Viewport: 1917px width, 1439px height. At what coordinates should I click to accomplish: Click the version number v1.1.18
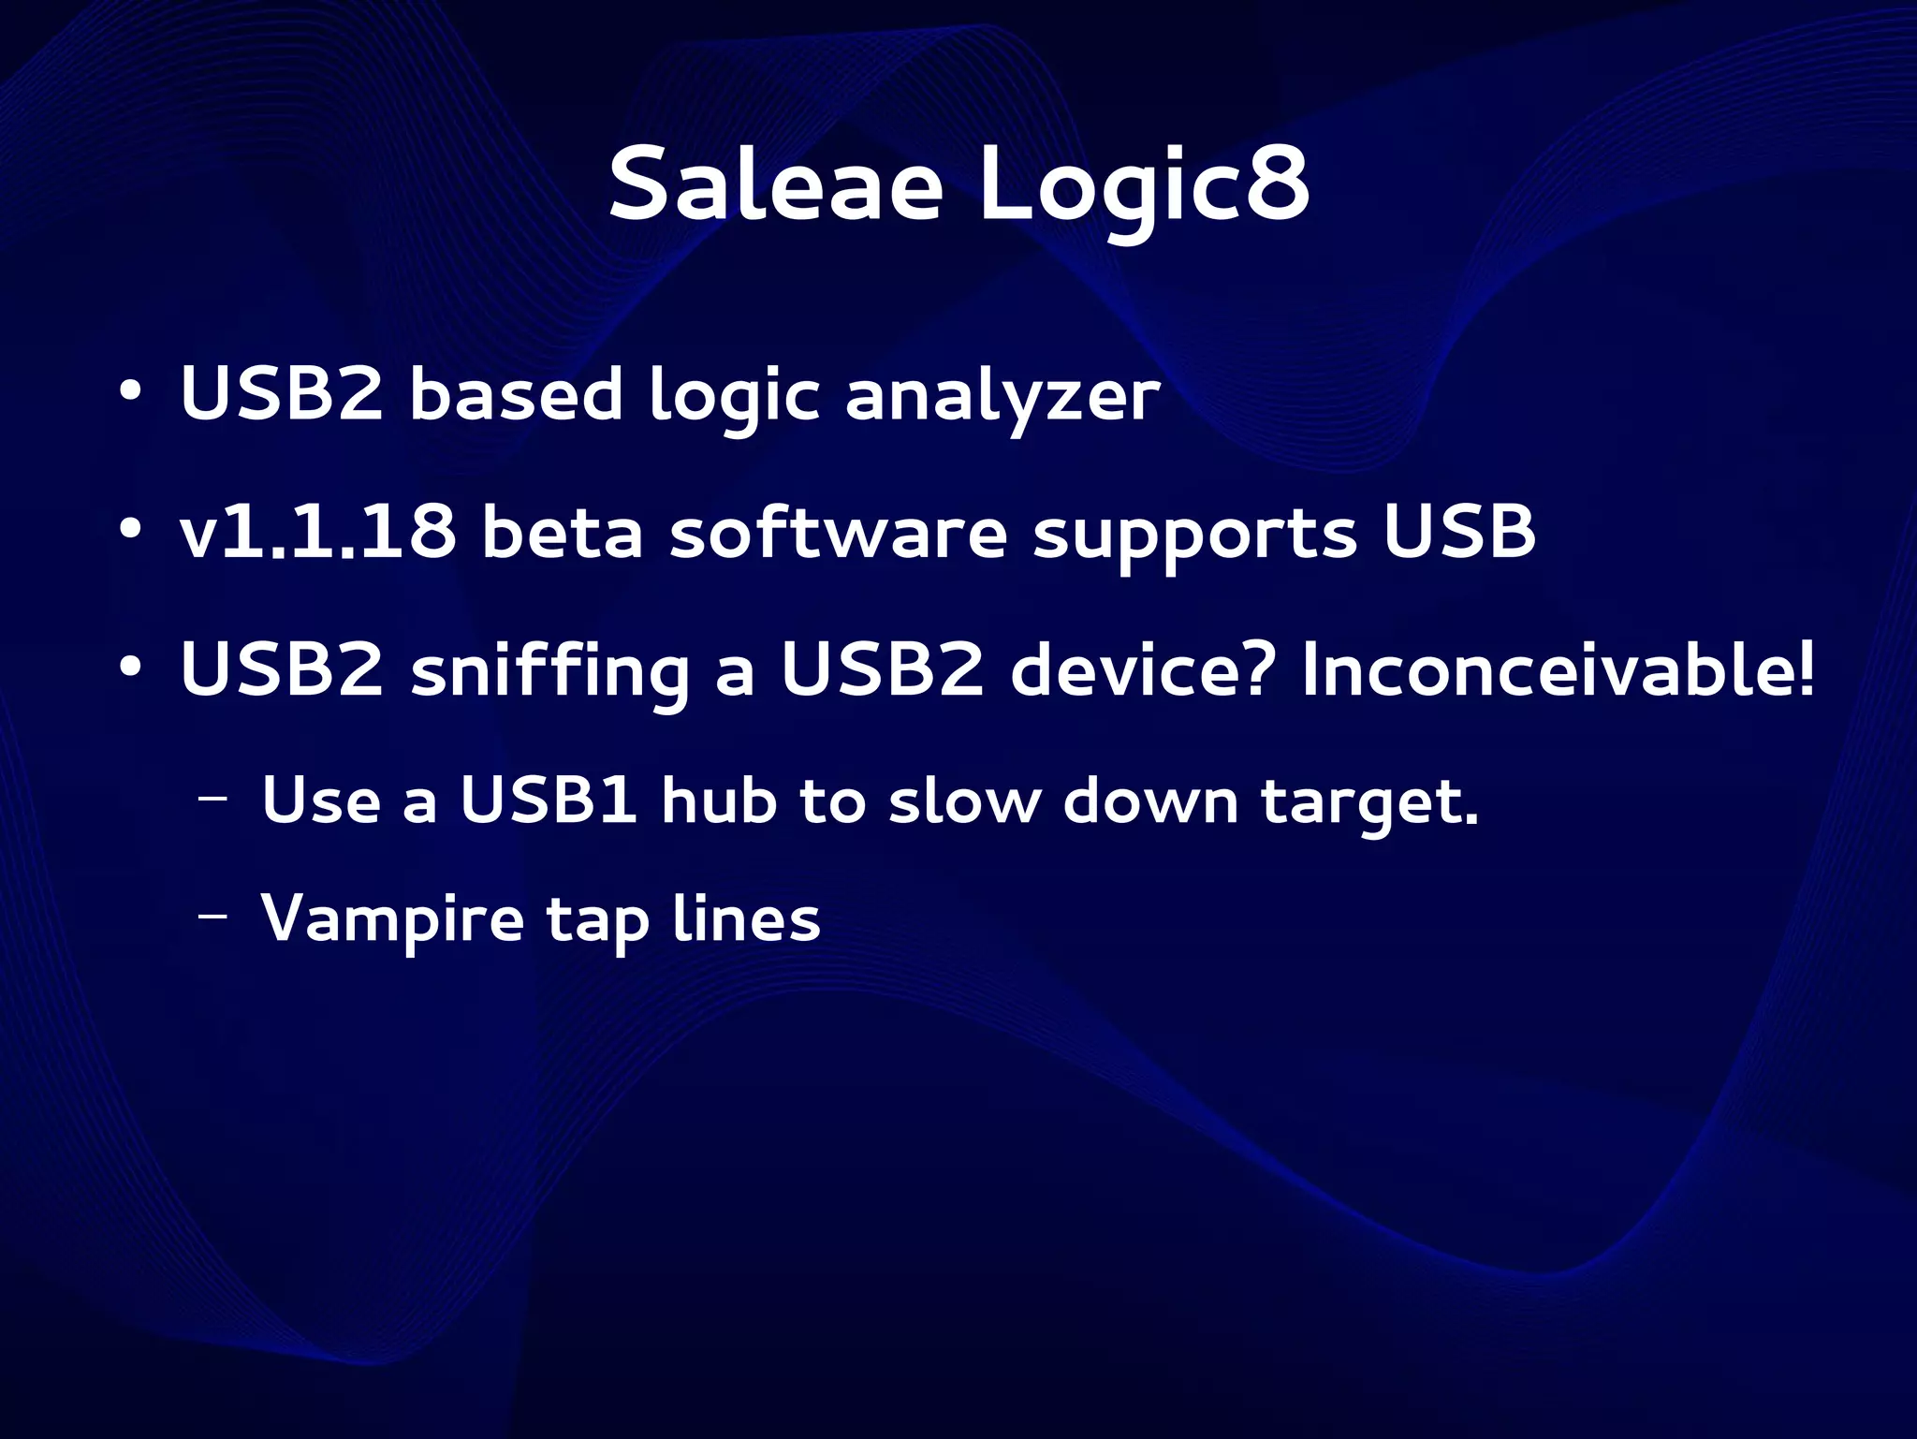(318, 532)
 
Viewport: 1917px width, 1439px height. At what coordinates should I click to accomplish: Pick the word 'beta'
(562, 532)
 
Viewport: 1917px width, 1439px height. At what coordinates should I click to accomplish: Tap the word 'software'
(838, 532)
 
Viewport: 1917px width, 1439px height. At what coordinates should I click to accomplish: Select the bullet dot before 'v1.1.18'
(130, 529)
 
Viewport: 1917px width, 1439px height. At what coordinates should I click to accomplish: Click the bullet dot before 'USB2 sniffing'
(130, 668)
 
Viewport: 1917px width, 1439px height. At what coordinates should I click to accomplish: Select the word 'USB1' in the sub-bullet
(549, 801)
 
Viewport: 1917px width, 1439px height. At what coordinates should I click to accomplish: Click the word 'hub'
(719, 801)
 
